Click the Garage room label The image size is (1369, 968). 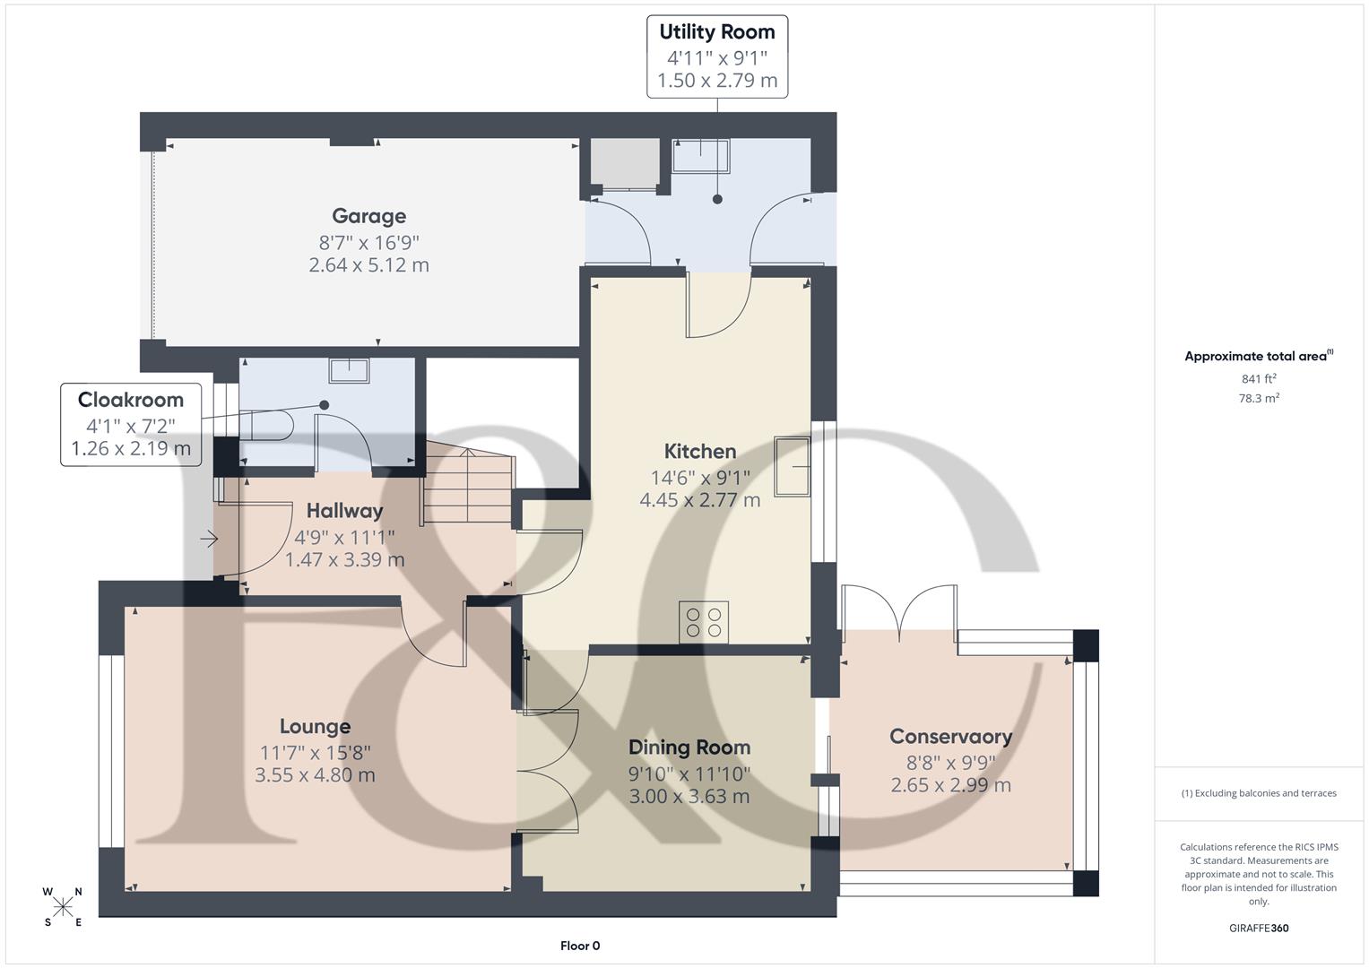tap(368, 216)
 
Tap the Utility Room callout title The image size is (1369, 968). tap(716, 32)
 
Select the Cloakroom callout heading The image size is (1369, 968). tap(130, 400)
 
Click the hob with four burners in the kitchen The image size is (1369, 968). tap(703, 622)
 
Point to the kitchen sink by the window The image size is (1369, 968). tap(792, 466)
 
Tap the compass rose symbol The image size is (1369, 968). tap(63, 907)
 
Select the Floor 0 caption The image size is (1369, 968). tap(579, 946)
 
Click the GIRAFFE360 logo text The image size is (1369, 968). tap(1258, 928)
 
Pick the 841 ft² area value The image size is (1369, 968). tap(1258, 379)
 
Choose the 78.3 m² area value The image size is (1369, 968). tap(1258, 399)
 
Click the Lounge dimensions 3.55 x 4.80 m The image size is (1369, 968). tap(315, 775)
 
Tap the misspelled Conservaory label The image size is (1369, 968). tap(950, 737)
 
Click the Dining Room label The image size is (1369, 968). tap(689, 748)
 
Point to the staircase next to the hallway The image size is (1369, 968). tap(468, 488)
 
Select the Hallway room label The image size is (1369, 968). tap(344, 511)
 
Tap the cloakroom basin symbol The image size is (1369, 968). tap(349, 370)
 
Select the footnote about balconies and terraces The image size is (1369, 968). tap(1258, 793)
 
